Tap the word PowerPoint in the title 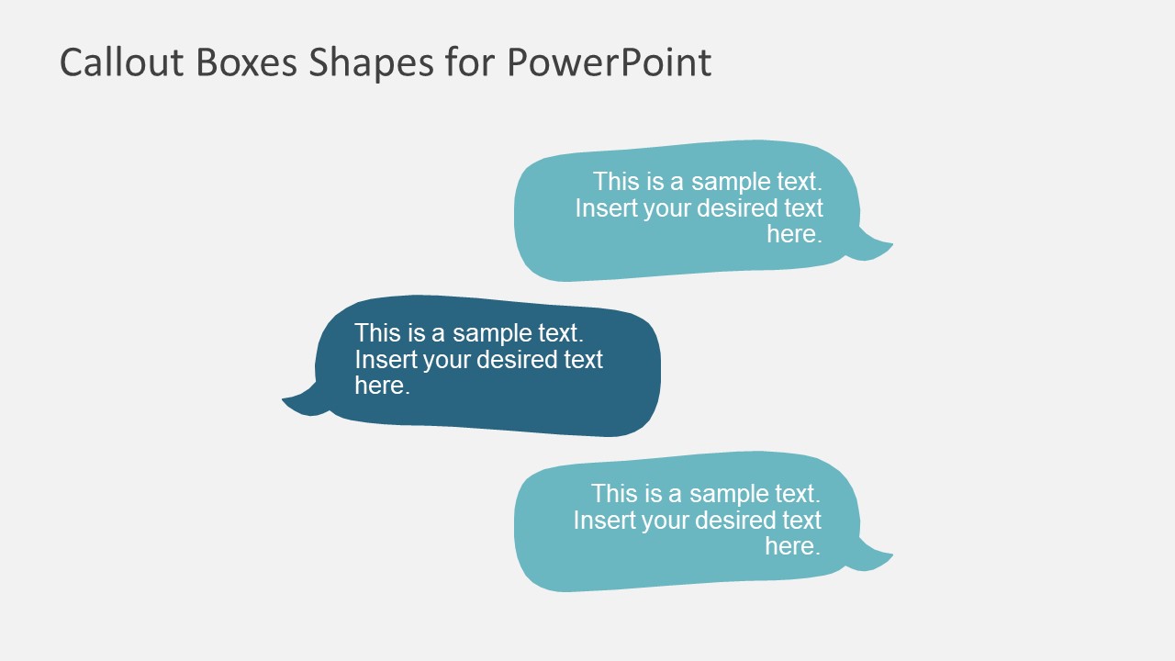[609, 62]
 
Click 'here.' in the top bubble [794, 234]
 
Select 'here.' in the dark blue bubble [382, 386]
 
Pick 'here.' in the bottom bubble [792, 546]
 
